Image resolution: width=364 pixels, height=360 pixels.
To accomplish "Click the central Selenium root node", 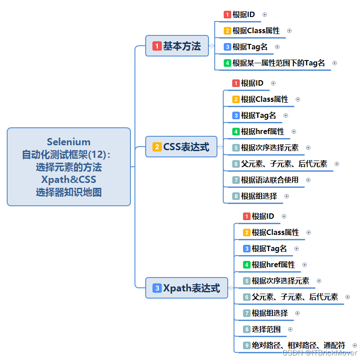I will point(69,167).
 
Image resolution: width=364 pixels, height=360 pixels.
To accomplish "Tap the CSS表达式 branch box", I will point(181,147).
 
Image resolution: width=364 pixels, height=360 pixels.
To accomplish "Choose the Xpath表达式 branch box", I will point(186,288).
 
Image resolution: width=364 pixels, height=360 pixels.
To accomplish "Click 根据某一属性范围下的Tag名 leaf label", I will point(278,63).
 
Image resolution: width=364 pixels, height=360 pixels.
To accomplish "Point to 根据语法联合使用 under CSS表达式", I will point(269,180).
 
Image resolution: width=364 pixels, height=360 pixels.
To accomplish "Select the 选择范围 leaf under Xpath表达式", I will point(266,329).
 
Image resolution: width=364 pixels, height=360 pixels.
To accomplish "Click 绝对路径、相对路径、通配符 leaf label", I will point(298,345).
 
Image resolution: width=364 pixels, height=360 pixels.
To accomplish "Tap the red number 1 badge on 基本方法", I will point(156,46).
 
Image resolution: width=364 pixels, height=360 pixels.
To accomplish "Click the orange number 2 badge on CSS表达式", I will point(157,147).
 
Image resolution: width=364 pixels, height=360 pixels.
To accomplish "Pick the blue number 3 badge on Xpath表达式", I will point(157,288).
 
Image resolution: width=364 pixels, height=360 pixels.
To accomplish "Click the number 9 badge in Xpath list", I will point(247,345).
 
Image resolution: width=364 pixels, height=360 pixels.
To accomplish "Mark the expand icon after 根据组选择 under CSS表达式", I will point(287,196).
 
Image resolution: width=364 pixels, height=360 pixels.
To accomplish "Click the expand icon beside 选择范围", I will point(290,329).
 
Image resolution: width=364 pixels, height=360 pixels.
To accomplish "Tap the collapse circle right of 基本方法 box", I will point(212,46).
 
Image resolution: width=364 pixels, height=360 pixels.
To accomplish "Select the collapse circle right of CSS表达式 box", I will point(220,147).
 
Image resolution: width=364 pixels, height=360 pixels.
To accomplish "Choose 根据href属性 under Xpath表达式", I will point(273,265).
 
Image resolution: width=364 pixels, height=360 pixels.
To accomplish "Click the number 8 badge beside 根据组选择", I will point(236,196).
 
